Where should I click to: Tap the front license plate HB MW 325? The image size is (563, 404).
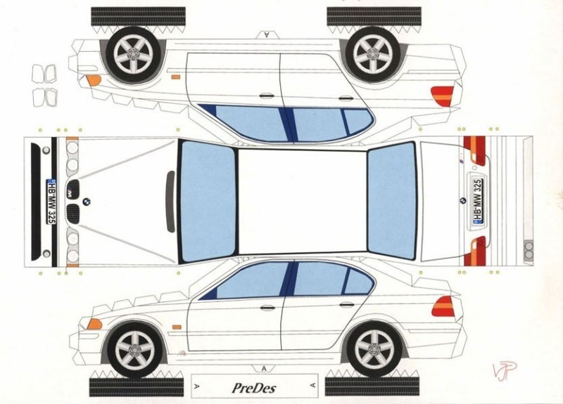(51, 202)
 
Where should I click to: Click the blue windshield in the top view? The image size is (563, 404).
(207, 202)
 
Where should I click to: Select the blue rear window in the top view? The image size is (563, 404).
(391, 201)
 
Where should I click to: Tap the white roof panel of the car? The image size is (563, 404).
(301, 202)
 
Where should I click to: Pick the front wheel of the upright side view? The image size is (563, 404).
(134, 350)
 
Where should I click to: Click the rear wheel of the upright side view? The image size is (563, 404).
(373, 350)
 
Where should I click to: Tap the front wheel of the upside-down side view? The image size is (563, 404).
(134, 53)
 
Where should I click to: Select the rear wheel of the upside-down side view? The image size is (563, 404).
(373, 53)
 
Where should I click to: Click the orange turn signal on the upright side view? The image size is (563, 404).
(94, 324)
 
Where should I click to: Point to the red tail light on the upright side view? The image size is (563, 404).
(443, 307)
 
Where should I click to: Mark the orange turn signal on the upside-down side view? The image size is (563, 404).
(93, 79)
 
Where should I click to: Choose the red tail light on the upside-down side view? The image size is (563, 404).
(442, 96)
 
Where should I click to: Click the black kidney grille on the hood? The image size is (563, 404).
(72, 213)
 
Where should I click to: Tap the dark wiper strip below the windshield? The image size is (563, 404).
(170, 202)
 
